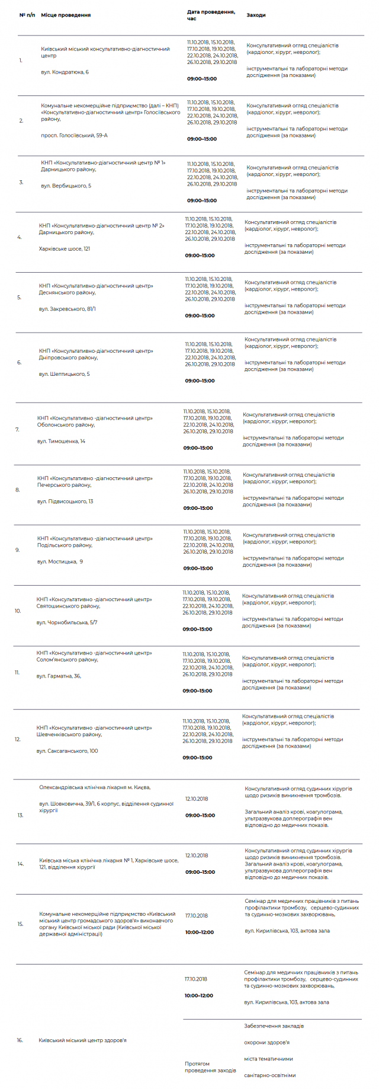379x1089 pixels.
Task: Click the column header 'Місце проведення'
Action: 66,15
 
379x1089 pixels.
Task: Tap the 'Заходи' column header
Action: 256,15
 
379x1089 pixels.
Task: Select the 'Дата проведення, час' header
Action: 211,15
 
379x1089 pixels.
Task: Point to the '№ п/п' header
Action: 27,15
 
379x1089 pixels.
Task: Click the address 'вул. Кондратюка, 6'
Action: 65,72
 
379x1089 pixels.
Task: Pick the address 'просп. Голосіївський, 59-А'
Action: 74,135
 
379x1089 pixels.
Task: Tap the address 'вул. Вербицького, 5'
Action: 66,186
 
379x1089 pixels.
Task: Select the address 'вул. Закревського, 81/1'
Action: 67,309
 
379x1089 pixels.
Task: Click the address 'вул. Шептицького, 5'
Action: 64,374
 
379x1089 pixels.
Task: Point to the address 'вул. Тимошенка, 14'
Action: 61,441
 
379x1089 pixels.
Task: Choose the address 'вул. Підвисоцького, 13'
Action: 65,502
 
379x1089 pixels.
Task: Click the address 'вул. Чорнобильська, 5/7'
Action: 67,622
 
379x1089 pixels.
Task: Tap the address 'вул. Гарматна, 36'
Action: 58,676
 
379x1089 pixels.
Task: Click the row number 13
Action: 20,815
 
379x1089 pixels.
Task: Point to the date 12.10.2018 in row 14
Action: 197,855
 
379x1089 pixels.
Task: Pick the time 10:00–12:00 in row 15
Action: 200,932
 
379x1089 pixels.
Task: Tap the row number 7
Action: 17,429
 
